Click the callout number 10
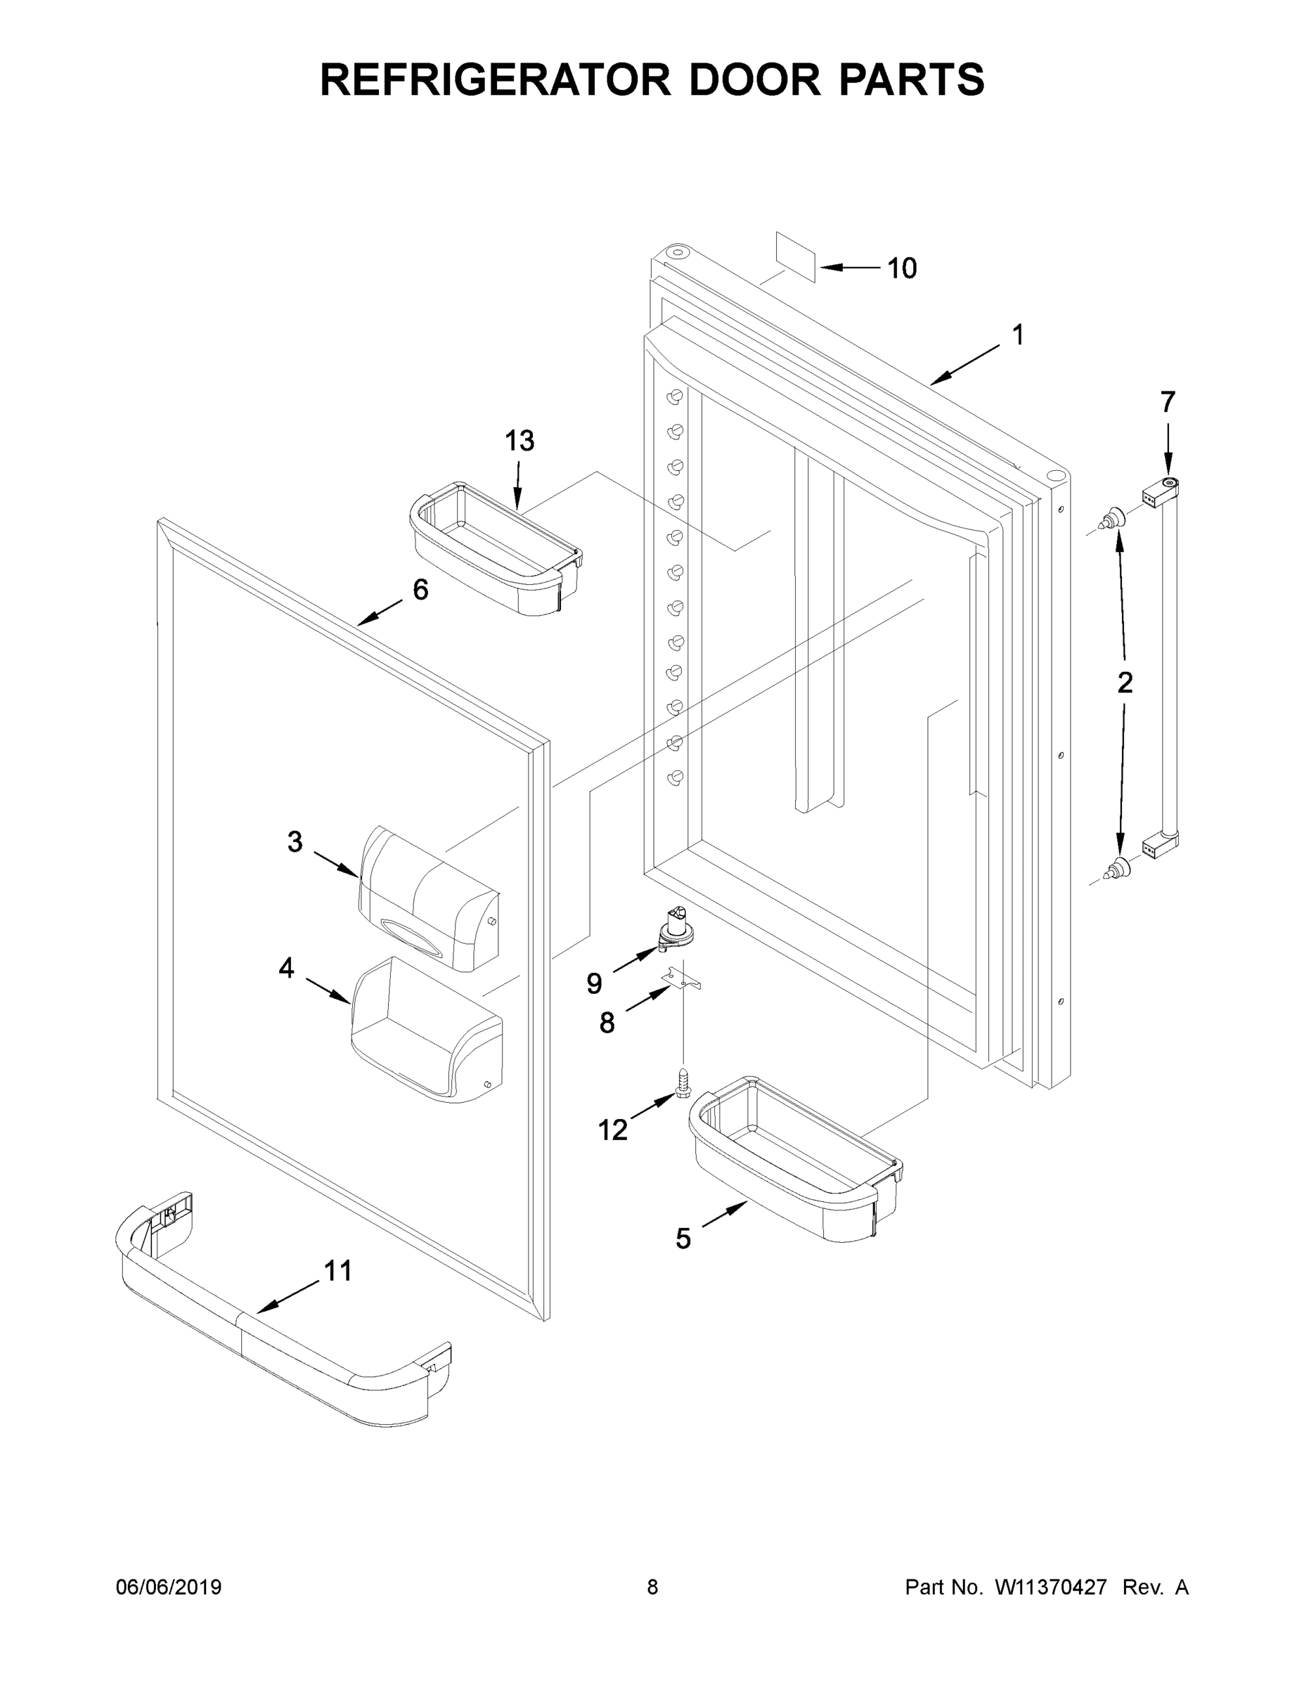tap(900, 269)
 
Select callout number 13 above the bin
tap(519, 441)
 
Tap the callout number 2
tap(1125, 682)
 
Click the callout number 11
tap(337, 1271)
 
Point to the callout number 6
tap(420, 590)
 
